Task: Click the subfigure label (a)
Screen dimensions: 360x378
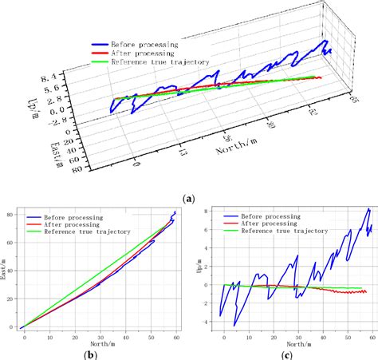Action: pyautogui.click(x=188, y=196)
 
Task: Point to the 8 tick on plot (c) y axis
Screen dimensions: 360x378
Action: pyautogui.click(x=206, y=211)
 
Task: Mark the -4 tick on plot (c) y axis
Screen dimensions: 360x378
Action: pyautogui.click(x=204, y=322)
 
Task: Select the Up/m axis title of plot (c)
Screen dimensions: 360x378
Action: pyautogui.click(x=195, y=267)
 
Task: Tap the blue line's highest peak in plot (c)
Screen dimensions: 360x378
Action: pyautogui.click(x=368, y=209)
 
